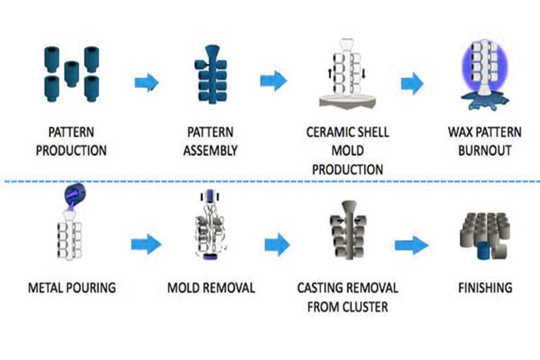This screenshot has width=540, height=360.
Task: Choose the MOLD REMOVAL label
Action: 211,287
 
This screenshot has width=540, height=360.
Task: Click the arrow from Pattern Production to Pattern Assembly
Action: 147,82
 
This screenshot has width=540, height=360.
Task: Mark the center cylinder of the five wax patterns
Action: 72,72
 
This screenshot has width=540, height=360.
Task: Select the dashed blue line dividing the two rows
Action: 270,181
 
